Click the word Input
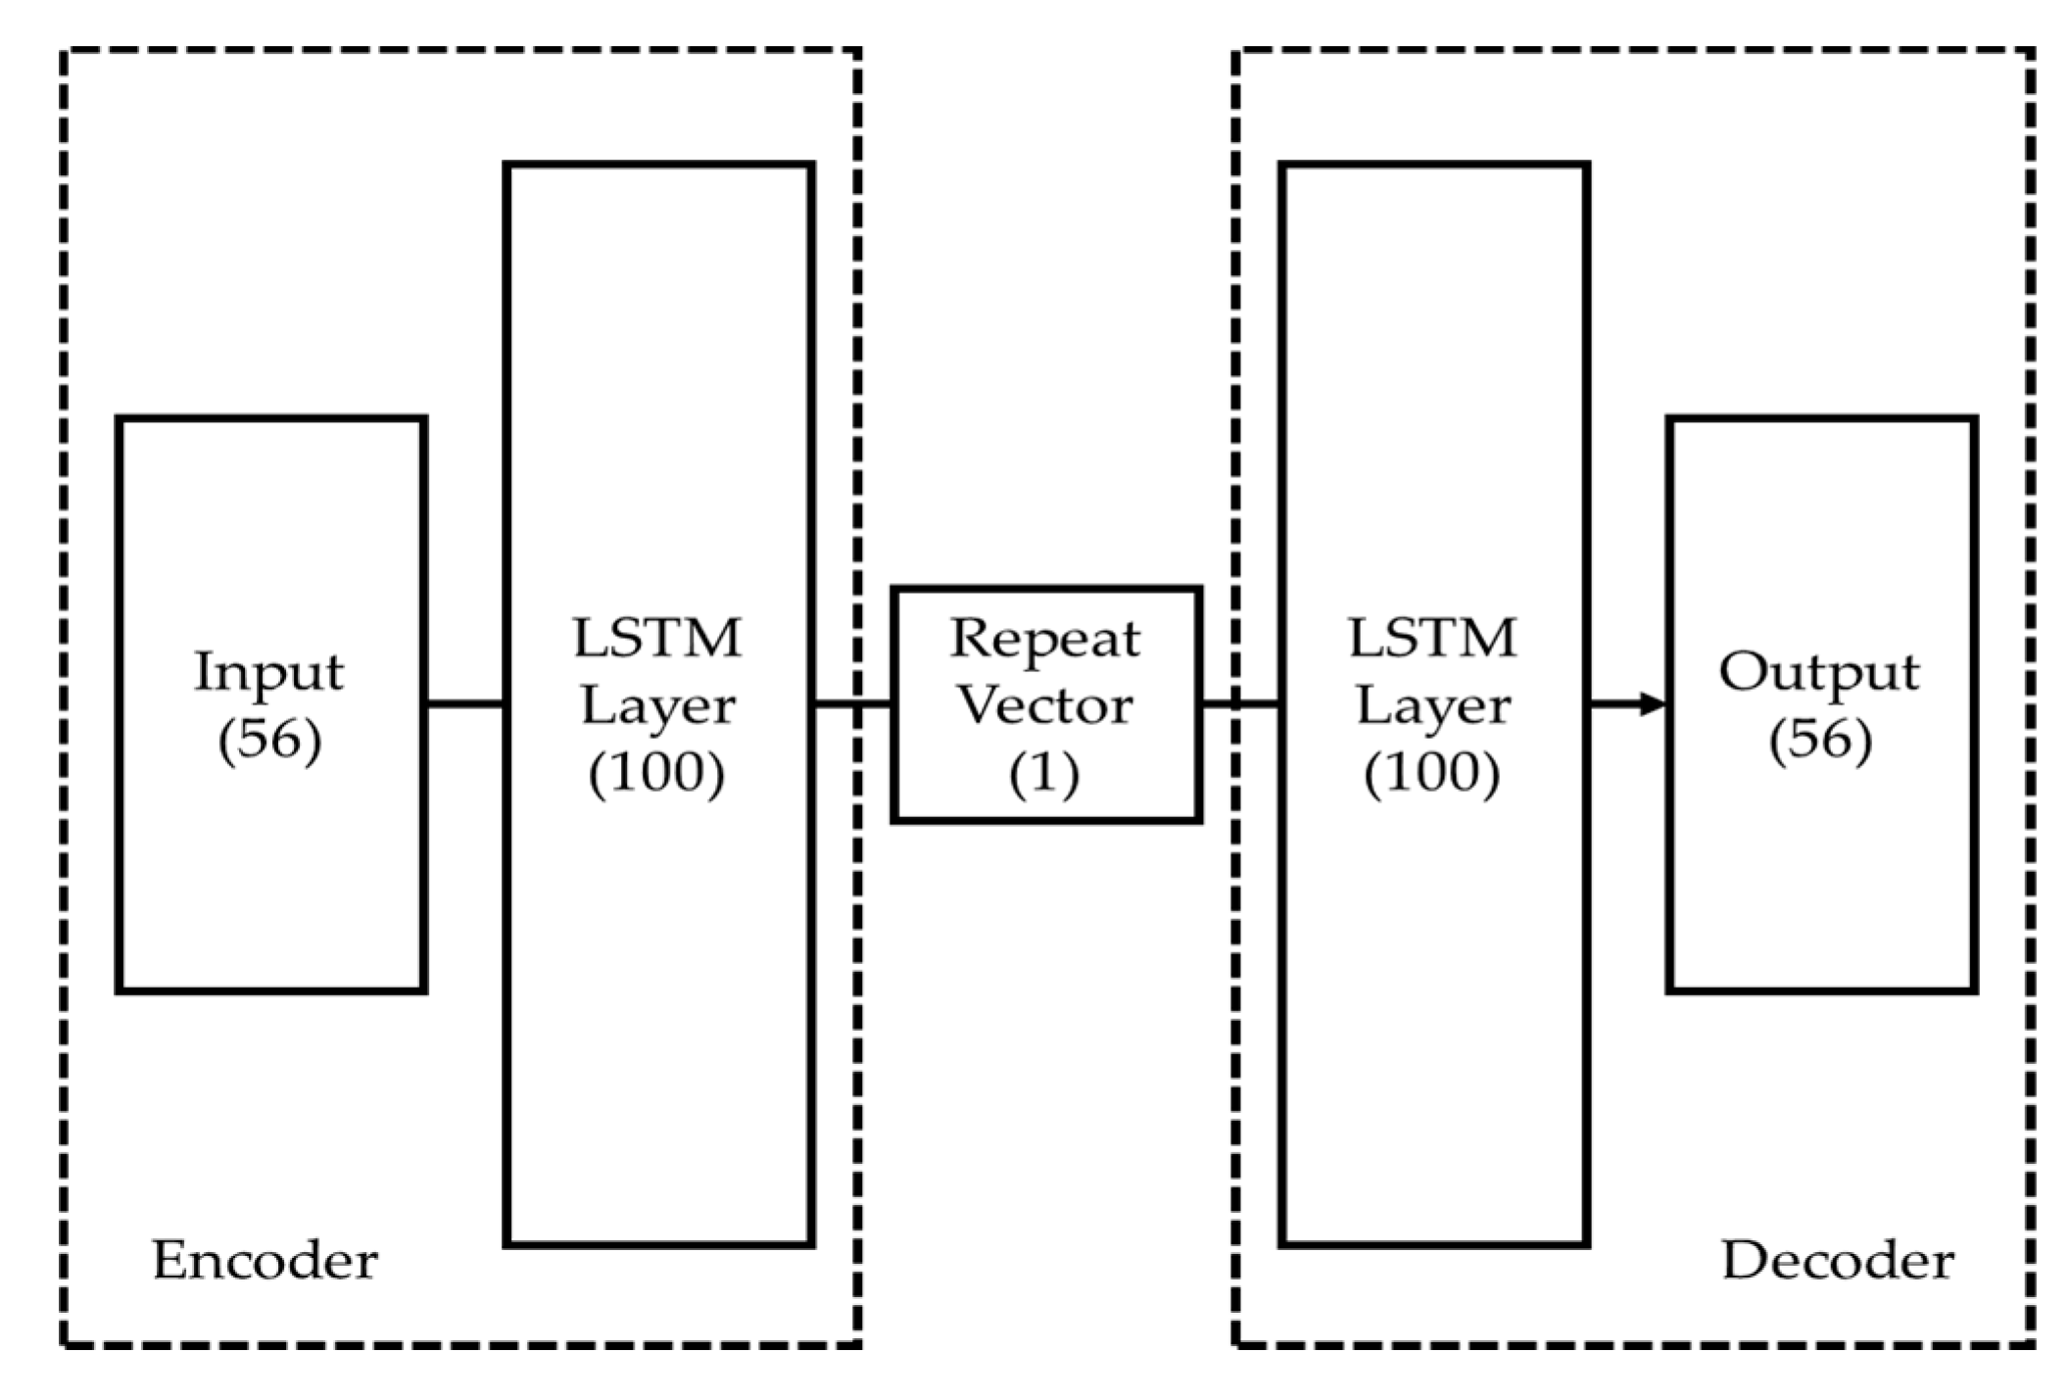tap(269, 672)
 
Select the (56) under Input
tap(269, 740)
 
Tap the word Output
tap(1819, 672)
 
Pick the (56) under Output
tap(1820, 740)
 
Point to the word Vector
tap(1044, 705)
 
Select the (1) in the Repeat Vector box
tap(1044, 773)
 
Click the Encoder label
tap(265, 1260)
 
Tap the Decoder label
tap(1838, 1260)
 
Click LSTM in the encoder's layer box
tap(657, 639)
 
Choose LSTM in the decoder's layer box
tap(1432, 639)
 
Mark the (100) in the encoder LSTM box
tap(657, 773)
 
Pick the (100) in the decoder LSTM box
tap(1432, 773)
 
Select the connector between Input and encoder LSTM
tap(465, 703)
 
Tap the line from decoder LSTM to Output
tap(1616, 703)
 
